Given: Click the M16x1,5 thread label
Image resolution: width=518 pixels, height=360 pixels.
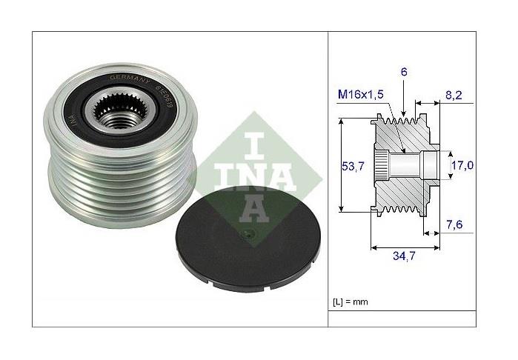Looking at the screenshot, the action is (361, 95).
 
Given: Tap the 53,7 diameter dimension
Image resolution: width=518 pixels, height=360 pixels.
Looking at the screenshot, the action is (353, 166).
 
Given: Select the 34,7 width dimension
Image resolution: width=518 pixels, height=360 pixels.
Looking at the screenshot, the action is (404, 256).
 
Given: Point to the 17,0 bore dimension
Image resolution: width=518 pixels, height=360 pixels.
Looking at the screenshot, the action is (462, 165).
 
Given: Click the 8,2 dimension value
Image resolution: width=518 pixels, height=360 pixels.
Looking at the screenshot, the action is (454, 95).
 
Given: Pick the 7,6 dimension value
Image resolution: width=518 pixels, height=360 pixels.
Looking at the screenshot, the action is (454, 225).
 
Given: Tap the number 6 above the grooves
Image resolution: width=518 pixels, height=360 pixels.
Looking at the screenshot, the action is (404, 72).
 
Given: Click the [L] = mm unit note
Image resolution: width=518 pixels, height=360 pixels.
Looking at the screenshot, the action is (351, 301).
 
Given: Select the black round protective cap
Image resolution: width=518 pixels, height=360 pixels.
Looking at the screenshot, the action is (248, 239).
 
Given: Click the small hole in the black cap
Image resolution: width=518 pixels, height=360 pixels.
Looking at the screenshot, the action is (248, 235).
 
